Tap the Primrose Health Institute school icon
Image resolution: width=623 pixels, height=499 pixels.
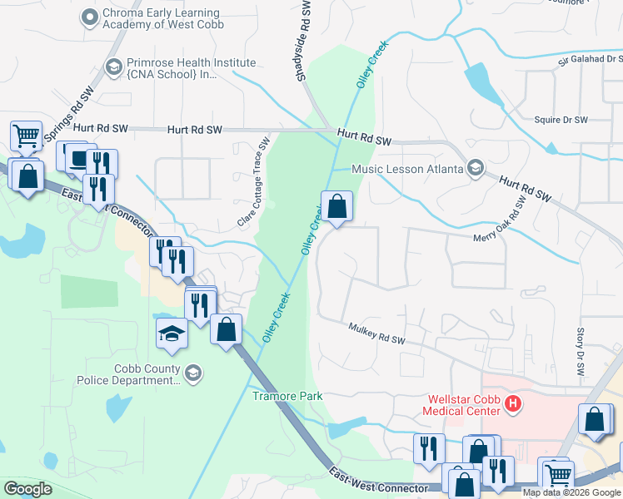coord(113,66)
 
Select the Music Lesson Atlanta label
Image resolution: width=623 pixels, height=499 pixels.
coord(407,169)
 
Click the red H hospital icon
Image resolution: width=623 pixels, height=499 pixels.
coord(513,404)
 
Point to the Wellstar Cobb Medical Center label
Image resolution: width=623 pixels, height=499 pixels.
coord(463,405)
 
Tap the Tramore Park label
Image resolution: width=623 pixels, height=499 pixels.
coord(287,396)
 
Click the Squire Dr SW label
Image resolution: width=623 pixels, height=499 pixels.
coord(561,120)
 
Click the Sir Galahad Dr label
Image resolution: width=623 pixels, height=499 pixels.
coord(590,60)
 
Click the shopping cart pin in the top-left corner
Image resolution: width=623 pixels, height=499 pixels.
coord(26,134)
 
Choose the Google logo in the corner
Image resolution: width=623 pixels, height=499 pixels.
coord(27,488)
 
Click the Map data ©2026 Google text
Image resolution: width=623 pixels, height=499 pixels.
coord(571,492)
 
